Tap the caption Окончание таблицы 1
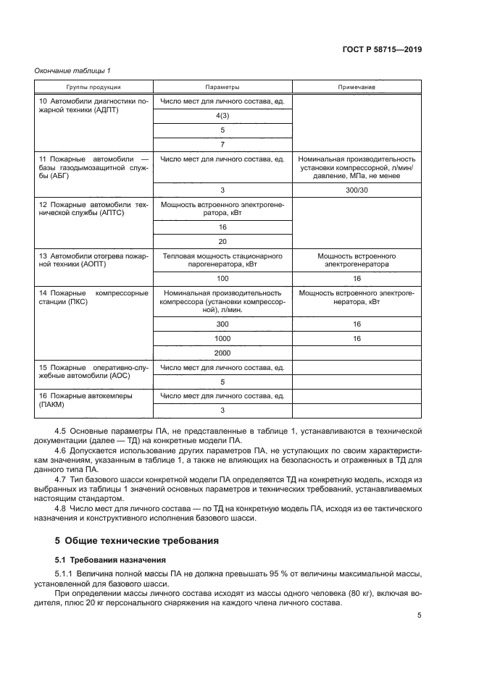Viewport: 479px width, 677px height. click(72, 70)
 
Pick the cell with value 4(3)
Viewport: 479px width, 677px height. click(222, 116)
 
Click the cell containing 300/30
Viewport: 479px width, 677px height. click(357, 190)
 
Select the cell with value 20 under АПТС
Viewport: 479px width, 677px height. click(222, 241)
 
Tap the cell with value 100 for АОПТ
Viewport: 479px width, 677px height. click(222, 278)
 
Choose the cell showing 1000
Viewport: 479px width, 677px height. click(222, 338)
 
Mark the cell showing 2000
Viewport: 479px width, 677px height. click(222, 353)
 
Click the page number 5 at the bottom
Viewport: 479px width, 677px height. click(420, 616)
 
